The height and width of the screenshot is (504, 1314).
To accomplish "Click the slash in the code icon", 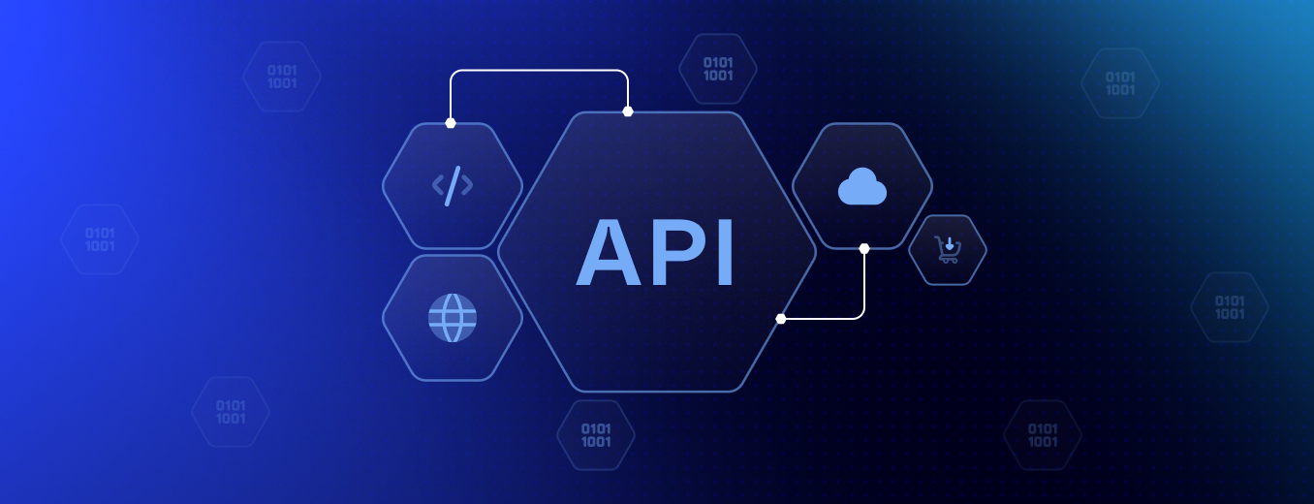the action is pos(453,185).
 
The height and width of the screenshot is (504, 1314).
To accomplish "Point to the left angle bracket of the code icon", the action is pos(438,185).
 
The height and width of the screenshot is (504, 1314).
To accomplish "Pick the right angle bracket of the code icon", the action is pos(467,185).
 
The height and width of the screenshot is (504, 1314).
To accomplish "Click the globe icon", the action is pos(453,318).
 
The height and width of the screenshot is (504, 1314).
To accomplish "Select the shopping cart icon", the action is pos(947,250).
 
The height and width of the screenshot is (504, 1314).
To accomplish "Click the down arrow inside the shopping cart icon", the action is pos(950,244).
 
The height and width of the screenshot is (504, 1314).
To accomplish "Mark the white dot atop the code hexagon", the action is pos(451,123).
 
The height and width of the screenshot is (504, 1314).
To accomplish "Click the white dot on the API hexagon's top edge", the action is pos(628,111).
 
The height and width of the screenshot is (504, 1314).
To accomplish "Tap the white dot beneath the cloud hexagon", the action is pos(864,248).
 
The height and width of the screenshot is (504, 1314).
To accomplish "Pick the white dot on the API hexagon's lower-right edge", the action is pos(781,318).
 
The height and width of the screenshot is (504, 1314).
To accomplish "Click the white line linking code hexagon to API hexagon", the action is pos(539,71).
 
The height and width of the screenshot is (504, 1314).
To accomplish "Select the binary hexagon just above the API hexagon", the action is pos(718,69).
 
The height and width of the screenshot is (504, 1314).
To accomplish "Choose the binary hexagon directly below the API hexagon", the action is pos(596,435).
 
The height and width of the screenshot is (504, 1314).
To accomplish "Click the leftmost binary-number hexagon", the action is pos(100,239).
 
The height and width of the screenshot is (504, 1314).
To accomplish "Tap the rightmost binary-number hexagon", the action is pos(1230,307).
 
